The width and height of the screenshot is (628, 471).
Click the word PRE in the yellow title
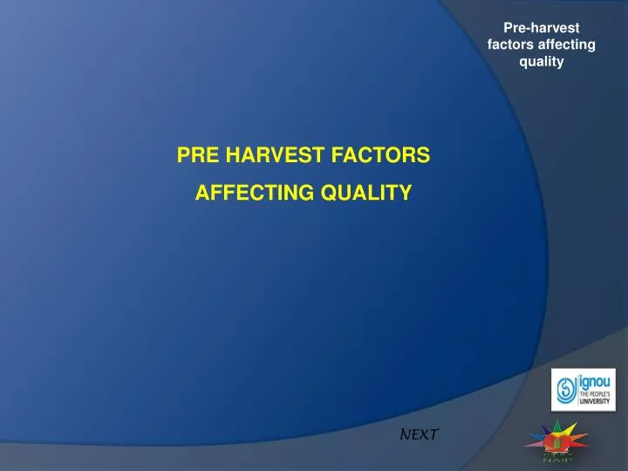coord(198,156)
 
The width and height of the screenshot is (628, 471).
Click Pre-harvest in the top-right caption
coord(542,28)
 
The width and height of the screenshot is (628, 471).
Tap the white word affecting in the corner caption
coord(567,44)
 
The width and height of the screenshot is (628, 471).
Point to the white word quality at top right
coord(542,61)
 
